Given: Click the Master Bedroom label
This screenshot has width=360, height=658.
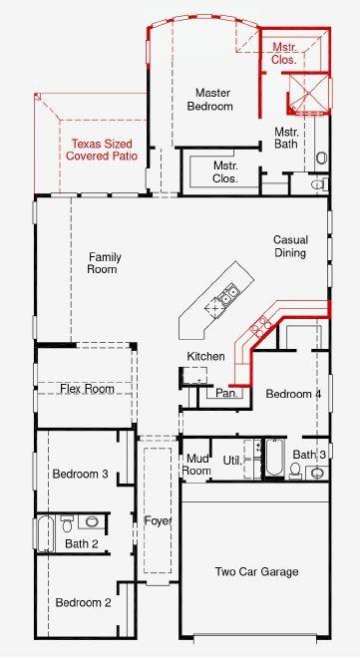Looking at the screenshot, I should click(213, 99).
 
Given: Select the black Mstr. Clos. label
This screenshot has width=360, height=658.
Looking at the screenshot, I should click(231, 171).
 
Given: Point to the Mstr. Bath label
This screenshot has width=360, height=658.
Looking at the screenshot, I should click(287, 138).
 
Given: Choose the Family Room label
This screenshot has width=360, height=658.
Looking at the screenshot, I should click(104, 263).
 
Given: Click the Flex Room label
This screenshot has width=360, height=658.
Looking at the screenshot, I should click(86, 389).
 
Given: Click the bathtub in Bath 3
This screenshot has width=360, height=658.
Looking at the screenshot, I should click(274, 462).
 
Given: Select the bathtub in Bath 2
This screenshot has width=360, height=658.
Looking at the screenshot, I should click(47, 533).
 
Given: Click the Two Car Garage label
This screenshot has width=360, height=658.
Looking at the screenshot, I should click(257, 571).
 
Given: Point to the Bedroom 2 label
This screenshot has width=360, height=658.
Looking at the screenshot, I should click(83, 602).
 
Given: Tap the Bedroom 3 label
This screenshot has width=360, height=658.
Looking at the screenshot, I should click(81, 474).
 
